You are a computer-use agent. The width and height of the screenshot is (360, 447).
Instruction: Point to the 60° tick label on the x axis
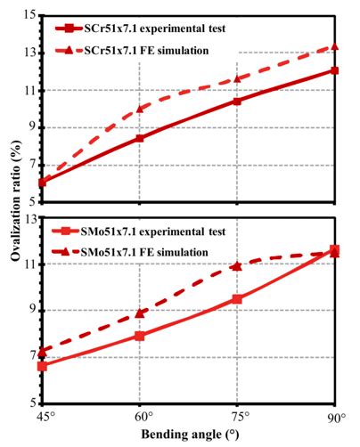(141, 416)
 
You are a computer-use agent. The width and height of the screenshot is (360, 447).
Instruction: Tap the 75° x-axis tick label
(237, 416)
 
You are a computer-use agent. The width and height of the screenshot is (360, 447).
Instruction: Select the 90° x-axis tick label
(335, 416)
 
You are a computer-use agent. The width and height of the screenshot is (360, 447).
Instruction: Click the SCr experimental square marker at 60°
(141, 138)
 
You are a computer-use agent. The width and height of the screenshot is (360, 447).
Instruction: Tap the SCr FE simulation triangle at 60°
(141, 109)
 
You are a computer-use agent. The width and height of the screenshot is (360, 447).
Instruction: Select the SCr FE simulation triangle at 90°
(334, 46)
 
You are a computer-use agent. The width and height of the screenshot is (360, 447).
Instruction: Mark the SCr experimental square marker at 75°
(237, 101)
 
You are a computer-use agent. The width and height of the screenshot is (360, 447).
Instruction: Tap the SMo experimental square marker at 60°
(141, 336)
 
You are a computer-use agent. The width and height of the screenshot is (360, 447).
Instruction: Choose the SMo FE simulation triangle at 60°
(141, 313)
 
